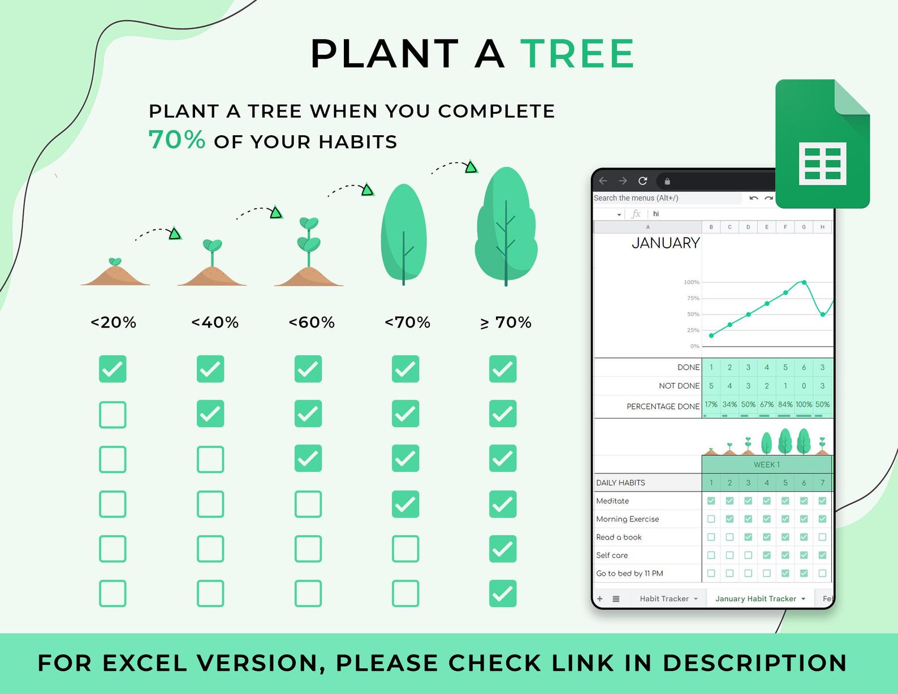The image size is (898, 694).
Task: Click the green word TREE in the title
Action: coord(577,53)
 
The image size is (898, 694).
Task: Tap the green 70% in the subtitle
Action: coord(176,139)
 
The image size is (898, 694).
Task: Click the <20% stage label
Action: coord(113,322)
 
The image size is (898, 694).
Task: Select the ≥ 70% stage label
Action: coord(506,322)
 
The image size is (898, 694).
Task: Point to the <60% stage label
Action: coord(312,322)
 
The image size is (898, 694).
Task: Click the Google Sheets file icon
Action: coord(822,144)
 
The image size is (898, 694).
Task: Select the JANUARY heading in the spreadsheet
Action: coord(666,243)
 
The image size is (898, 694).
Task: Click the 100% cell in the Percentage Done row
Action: coord(804,404)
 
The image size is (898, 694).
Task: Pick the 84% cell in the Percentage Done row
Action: coord(785,404)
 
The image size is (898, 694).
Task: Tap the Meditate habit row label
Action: coord(612,501)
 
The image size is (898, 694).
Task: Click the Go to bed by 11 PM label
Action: coord(629,574)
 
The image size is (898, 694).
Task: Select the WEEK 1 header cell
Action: coord(767,464)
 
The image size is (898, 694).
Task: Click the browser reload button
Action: coord(642,180)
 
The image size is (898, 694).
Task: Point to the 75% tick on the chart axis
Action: coord(693,298)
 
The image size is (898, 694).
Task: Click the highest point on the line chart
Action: coord(804,282)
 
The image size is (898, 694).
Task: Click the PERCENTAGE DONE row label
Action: coord(663,406)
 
